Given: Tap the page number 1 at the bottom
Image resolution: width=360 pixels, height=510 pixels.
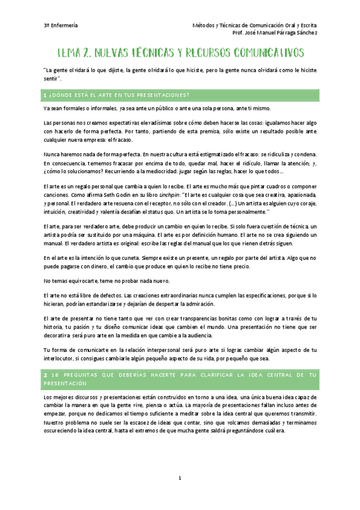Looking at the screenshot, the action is coord(180,478).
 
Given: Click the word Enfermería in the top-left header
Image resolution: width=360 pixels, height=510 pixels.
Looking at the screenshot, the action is coord(64,25).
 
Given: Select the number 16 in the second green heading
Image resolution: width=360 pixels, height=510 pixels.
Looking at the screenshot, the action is coord(54,375).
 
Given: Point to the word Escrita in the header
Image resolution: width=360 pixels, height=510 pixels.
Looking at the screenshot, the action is coord(305,25).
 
